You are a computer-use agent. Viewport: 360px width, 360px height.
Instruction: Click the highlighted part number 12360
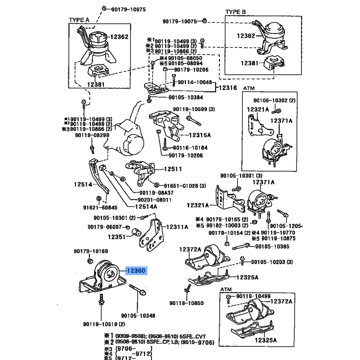136,270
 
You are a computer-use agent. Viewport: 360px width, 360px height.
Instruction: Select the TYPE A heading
79,20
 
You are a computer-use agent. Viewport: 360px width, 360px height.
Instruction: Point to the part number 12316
228,88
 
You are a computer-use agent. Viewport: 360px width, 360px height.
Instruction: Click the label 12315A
200,134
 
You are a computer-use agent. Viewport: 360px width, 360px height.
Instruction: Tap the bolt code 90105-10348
138,315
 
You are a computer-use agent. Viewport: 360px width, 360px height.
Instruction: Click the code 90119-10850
187,303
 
